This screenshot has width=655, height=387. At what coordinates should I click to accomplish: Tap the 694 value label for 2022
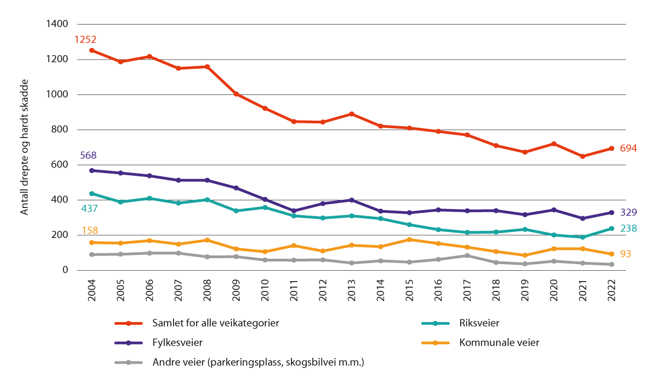[629, 148]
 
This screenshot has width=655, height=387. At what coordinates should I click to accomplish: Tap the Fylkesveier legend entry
[175, 343]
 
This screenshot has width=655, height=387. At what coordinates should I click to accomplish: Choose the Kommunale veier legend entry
[498, 343]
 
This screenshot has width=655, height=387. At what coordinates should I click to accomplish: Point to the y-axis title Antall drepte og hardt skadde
[24, 146]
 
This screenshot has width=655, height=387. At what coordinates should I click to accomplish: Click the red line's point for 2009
[236, 94]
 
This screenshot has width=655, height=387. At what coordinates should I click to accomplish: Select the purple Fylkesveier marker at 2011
[294, 211]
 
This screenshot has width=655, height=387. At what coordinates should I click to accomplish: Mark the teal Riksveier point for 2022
[611, 229]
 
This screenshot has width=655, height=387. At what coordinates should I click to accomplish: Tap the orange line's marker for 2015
[409, 240]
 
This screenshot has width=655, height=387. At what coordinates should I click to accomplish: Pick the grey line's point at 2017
[467, 255]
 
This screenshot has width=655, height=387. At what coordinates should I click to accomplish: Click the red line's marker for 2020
[553, 144]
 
